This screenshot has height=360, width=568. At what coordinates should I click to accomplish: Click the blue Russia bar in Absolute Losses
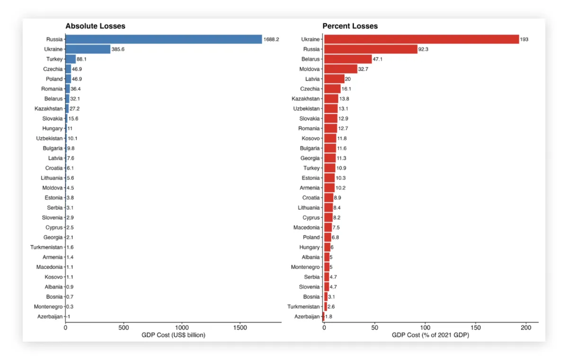pos(163,39)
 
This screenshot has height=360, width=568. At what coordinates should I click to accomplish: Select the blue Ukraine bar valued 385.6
pos(88,49)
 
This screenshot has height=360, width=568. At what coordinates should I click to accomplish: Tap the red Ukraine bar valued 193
pos(421,39)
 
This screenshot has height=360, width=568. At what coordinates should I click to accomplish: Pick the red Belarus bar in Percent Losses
pos(348,59)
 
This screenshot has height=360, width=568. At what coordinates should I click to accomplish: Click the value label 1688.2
pos(271,39)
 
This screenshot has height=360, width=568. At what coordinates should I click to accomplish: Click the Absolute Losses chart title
pos(95,26)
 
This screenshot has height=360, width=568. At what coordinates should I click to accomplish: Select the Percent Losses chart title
pos(350,26)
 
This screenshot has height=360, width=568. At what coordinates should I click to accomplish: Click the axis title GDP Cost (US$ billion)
pos(173,335)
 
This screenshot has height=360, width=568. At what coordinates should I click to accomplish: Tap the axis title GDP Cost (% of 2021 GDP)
pos(431,335)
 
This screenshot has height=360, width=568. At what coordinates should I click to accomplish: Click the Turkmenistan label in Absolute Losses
pos(46,247)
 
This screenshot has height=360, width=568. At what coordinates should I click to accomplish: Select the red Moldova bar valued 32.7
pos(340,69)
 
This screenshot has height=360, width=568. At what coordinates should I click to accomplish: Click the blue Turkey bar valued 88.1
pos(71,59)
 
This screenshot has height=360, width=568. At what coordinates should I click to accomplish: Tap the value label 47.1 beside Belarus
pos(379,59)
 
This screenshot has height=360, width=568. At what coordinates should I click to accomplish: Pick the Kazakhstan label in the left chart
pos(49,108)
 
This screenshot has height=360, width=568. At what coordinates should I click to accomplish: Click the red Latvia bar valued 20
pos(334,79)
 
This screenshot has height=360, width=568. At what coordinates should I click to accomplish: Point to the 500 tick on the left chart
pos(124,327)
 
